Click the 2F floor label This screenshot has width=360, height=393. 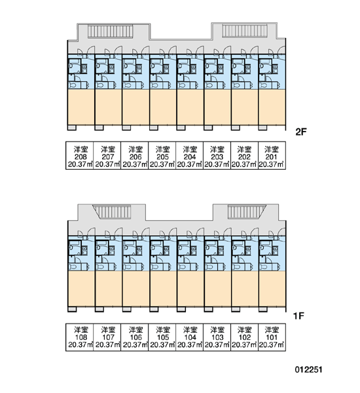pyautogui.click(x=301, y=132)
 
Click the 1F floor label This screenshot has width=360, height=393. pyautogui.click(x=298, y=316)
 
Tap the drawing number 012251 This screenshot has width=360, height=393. pyautogui.click(x=308, y=369)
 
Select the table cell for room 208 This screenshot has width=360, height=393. pyautogui.click(x=80, y=156)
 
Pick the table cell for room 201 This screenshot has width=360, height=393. pyautogui.click(x=272, y=156)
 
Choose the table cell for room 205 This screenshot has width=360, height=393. pyautogui.click(x=162, y=156)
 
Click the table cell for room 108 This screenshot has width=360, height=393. pyautogui.click(x=80, y=337)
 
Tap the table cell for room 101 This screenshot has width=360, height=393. pyautogui.click(x=272, y=337)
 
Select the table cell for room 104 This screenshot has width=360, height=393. pyautogui.click(x=189, y=337)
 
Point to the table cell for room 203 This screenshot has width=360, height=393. pyautogui.click(x=217, y=156)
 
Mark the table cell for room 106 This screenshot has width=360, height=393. pyautogui.click(x=135, y=337)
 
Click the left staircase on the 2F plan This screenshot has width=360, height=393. pyautogui.click(x=110, y=31)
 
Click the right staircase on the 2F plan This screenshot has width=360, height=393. pyautogui.click(x=245, y=31)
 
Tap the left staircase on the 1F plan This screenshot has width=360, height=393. pyautogui.click(x=112, y=212)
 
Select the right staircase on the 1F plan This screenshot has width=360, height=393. pyautogui.click(x=247, y=212)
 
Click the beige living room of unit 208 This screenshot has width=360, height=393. pyautogui.click(x=81, y=107)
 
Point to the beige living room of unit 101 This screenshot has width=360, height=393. pyautogui.click(x=272, y=288)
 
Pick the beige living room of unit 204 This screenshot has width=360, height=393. pyautogui.click(x=190, y=107)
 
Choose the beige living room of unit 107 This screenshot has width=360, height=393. pyautogui.click(x=109, y=288)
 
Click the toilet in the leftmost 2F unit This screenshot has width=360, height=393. pyautogui.click(x=73, y=85)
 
